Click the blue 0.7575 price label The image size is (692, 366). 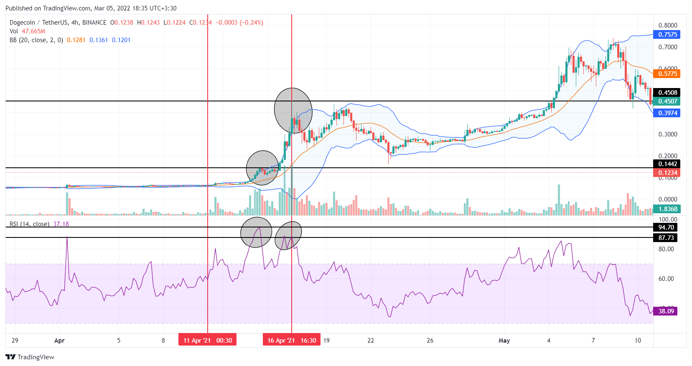(x=667, y=35)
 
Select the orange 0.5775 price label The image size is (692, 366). (x=667, y=74)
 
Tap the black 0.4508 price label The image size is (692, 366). (x=667, y=93)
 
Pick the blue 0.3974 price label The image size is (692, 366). (x=667, y=113)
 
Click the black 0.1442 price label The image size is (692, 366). (x=667, y=164)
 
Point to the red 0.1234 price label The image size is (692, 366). (x=667, y=173)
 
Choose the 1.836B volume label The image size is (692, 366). (x=667, y=209)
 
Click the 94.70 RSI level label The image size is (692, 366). (x=666, y=227)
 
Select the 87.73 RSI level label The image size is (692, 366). (x=666, y=238)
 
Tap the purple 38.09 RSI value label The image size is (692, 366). (x=666, y=311)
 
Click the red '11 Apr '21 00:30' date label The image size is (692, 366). (x=208, y=341)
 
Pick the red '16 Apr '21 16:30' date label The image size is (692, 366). (x=292, y=341)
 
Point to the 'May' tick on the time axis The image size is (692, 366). (x=504, y=341)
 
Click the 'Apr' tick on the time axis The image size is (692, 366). (x=59, y=341)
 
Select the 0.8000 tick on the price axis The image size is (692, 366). (x=667, y=25)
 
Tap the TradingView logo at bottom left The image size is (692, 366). (x=30, y=357)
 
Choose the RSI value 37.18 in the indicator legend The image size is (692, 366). (x=61, y=224)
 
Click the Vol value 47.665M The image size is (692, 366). (x=33, y=31)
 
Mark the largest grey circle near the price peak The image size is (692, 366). (x=293, y=110)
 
